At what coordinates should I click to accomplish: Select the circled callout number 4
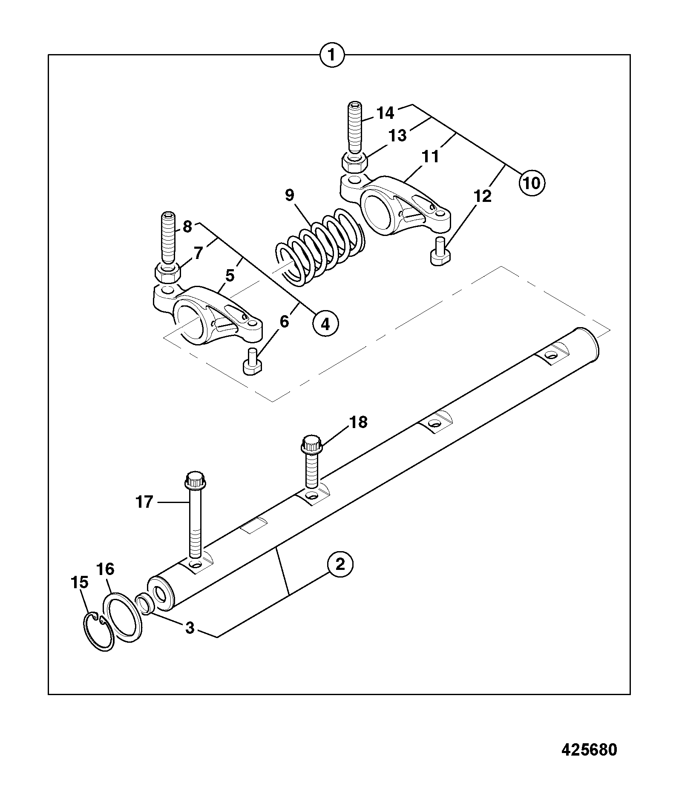click(x=325, y=324)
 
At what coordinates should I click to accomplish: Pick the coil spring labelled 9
click(x=319, y=246)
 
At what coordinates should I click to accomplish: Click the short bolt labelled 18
click(x=311, y=461)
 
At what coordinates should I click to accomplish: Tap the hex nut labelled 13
click(x=354, y=162)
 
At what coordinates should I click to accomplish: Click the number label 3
click(x=190, y=628)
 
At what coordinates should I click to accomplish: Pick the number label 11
click(x=430, y=156)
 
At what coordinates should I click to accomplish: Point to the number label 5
click(x=230, y=276)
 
